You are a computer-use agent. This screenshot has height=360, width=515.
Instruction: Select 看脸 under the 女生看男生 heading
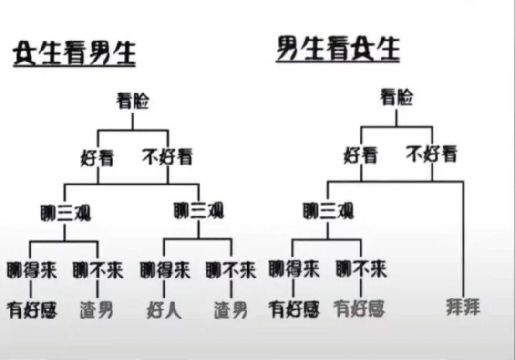tap(133, 101)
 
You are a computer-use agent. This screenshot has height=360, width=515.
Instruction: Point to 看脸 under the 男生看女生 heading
tap(396, 98)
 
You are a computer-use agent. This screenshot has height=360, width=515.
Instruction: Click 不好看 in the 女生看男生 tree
tap(167, 156)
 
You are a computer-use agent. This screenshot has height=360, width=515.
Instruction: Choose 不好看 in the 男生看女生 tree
tap(432, 154)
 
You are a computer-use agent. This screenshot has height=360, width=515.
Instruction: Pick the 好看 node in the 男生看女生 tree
tap(360, 155)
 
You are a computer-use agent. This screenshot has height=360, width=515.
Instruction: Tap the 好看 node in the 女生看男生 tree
tap(97, 158)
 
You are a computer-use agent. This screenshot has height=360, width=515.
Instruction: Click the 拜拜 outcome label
tap(463, 307)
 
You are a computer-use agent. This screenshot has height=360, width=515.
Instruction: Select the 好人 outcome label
tap(164, 310)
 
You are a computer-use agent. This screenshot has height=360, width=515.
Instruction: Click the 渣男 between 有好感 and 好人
tap(96, 310)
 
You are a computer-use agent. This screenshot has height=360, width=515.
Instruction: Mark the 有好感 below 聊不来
tap(360, 309)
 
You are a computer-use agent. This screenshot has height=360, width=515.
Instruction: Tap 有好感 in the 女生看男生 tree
tap(32, 310)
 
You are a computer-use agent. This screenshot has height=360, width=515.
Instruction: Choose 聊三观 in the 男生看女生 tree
tap(329, 211)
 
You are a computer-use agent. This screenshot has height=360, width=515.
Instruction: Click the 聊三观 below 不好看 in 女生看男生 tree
tap(199, 211)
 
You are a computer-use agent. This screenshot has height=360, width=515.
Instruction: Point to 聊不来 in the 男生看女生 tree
tap(361, 269)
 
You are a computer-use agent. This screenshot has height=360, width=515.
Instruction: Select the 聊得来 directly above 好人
tap(165, 270)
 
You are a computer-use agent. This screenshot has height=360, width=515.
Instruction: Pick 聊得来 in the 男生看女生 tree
tap(294, 269)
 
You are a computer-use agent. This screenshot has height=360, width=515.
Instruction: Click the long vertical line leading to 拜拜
tap(463, 238)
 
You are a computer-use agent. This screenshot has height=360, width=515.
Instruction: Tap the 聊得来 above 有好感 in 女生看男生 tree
tap(32, 270)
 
